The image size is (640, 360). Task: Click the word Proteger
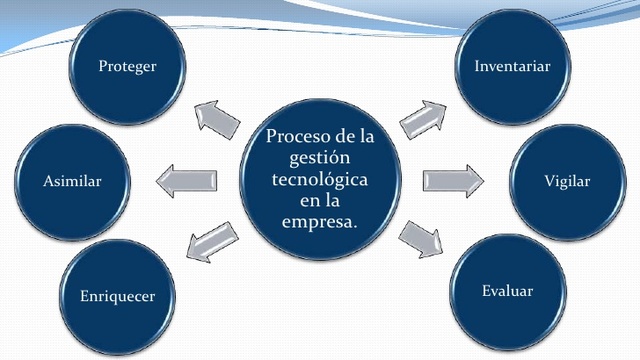pyautogui.click(x=128, y=66)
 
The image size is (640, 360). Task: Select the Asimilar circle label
pyautogui.click(x=73, y=181)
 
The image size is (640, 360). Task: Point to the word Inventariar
pyautogui.click(x=512, y=66)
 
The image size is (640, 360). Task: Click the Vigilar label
pyautogui.click(x=567, y=181)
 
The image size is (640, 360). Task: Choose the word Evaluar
pyautogui.click(x=507, y=291)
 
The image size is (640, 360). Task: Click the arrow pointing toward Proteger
pyautogui.click(x=217, y=119)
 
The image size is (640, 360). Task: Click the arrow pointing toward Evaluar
pyautogui.click(x=421, y=241)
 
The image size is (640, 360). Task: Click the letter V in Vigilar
pyautogui.click(x=549, y=181)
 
